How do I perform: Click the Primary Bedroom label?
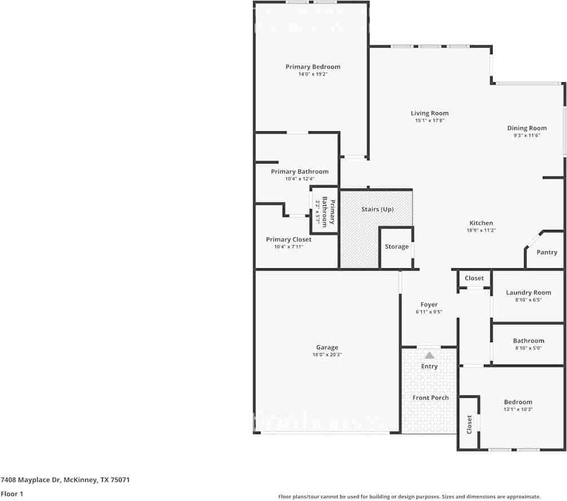[313, 66]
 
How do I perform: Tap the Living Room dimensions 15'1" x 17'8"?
[429, 121]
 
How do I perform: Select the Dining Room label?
[527, 128]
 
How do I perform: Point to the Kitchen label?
[481, 223]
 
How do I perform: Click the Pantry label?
[546, 252]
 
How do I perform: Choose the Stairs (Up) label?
[377, 209]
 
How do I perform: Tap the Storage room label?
[397, 247]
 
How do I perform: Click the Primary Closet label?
[288, 240]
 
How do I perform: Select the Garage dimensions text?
[327, 355]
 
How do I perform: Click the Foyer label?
[429, 304]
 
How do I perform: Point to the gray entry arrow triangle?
[429, 355]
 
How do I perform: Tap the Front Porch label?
[430, 398]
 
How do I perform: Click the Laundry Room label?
[528, 292]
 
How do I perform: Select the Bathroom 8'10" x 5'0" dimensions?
[528, 348]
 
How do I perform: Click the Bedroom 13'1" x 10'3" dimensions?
[518, 410]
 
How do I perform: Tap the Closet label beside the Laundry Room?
[474, 278]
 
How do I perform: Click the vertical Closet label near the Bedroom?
[469, 424]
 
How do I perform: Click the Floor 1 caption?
[12, 494]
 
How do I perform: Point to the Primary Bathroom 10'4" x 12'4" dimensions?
[300, 179]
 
